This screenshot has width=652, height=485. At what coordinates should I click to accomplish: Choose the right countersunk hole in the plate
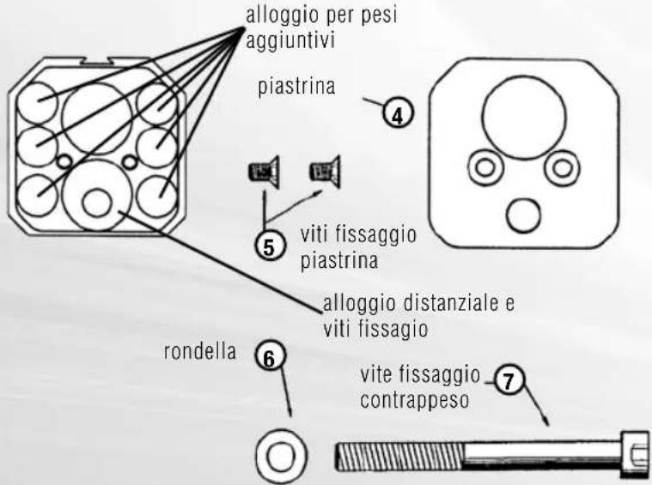coord(561,168)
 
